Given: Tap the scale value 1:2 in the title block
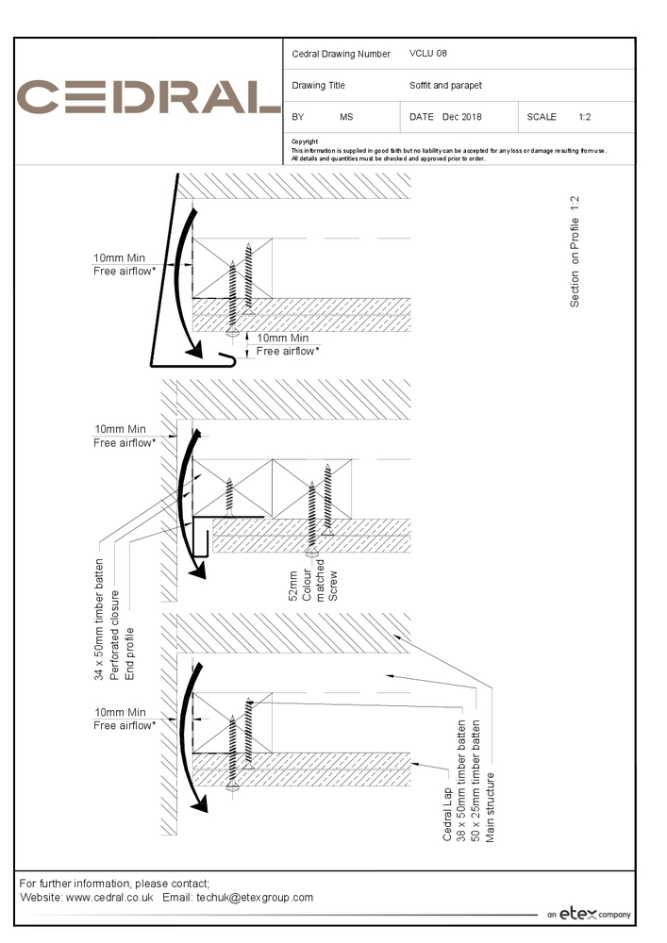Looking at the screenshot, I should [x=585, y=117].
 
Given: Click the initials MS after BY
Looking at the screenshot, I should [x=346, y=117].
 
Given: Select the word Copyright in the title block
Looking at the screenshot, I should [x=305, y=141].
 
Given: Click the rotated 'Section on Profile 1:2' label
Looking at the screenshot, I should [x=575, y=252].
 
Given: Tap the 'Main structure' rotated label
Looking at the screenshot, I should [x=490, y=807].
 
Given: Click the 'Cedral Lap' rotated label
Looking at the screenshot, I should [x=447, y=814].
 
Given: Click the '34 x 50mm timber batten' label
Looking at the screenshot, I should [x=100, y=617].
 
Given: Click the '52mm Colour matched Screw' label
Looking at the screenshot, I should [x=306, y=585].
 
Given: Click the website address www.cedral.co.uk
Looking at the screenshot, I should [x=109, y=897].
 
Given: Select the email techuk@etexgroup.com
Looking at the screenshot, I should [x=255, y=897].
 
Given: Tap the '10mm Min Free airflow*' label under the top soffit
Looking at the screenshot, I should [x=287, y=344].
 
